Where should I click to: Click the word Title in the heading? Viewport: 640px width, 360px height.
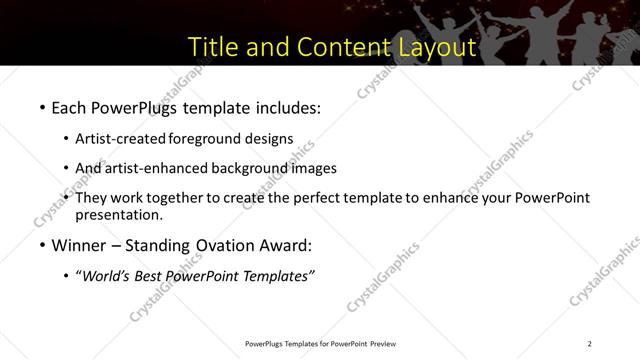[x=216, y=47]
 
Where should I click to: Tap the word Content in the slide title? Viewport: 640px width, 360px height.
[x=335, y=47]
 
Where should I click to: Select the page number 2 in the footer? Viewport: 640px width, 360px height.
[x=590, y=344]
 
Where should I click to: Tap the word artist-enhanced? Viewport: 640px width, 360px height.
[x=156, y=168]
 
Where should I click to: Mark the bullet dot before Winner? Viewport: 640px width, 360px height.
[x=42, y=246]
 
